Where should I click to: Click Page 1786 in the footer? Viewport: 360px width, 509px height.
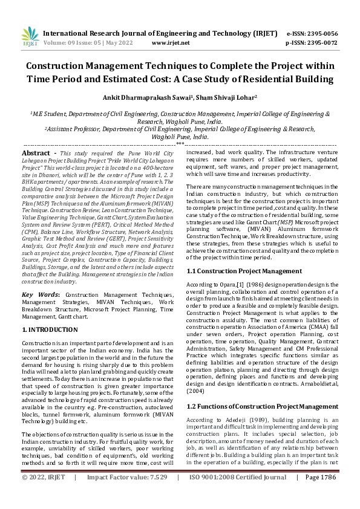pyautogui.click(x=321, y=494)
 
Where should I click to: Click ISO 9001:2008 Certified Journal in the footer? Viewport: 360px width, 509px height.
pyautogui.click(x=237, y=494)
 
